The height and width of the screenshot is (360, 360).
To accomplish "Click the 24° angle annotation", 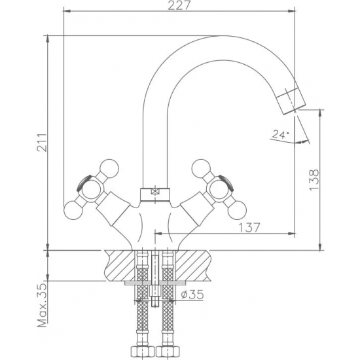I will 279,135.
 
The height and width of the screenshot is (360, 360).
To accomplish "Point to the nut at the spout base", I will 154,193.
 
